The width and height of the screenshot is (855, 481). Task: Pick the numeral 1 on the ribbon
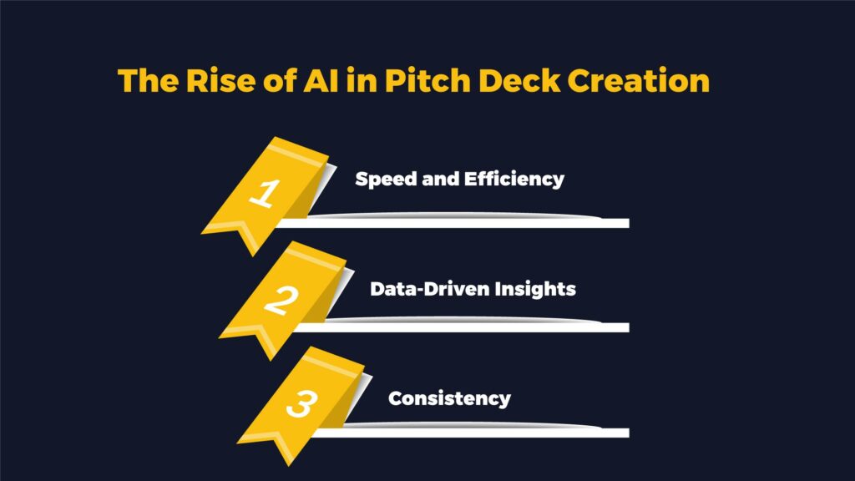pos(266,193)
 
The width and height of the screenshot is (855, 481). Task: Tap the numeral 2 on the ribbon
pos(281,300)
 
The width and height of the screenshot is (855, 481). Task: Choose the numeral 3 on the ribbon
pos(301,403)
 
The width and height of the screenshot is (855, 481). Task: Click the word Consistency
pos(450,398)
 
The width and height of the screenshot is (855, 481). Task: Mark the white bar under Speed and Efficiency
pos(453,223)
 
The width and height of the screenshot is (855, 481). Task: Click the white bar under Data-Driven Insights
pos(461,327)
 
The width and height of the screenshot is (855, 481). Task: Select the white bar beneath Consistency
pos(471,433)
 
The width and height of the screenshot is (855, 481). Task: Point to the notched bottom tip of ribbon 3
pos(289,466)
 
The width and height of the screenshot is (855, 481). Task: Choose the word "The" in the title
pos(148,81)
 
